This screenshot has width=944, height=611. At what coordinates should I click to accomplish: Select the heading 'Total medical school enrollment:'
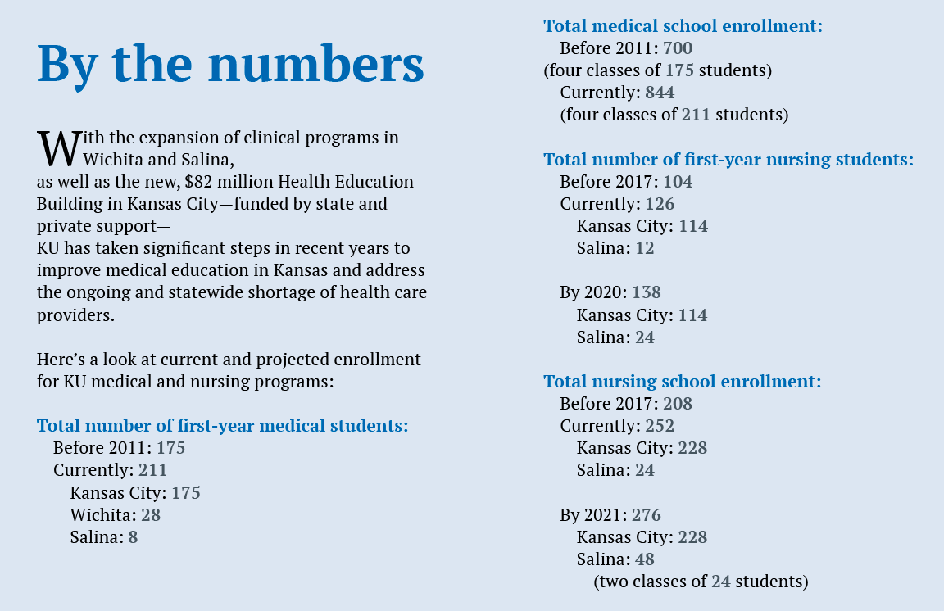click(683, 25)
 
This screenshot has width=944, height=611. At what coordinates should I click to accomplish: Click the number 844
click(660, 93)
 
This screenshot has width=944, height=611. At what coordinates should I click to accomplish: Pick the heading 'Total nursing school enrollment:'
click(682, 381)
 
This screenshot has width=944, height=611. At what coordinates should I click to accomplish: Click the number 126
click(660, 204)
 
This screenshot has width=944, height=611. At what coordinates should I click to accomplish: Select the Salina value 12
click(645, 248)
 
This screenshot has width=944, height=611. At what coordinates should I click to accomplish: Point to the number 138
click(646, 292)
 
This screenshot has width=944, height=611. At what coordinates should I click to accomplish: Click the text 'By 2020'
click(592, 292)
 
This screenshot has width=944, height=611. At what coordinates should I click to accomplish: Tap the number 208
click(677, 404)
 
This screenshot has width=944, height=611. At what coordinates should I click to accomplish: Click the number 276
click(646, 515)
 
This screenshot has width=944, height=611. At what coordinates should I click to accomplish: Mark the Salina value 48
click(645, 559)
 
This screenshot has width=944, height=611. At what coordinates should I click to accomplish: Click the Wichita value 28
click(150, 515)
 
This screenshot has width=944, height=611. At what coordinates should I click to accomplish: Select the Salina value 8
click(133, 537)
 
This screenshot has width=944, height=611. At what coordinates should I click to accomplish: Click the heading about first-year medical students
click(222, 426)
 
